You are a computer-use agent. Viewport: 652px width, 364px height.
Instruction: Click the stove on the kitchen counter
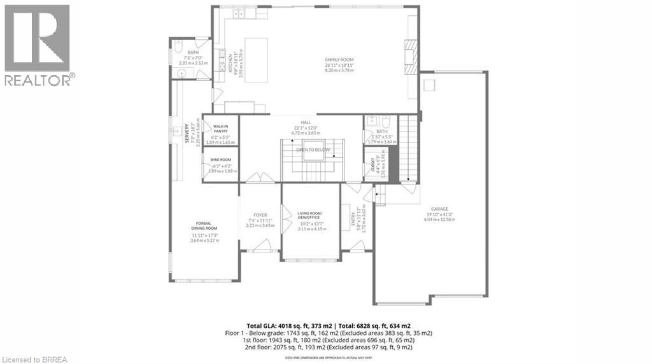coord(222,64)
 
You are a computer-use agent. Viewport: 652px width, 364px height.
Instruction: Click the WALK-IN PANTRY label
coord(221,129)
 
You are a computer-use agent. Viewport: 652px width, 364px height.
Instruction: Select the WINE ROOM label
coord(221,160)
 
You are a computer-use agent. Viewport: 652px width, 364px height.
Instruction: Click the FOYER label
coord(260,215)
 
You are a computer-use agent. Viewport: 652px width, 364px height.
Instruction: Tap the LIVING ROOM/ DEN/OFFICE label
coord(310,215)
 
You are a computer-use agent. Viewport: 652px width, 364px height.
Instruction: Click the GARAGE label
coord(439,209)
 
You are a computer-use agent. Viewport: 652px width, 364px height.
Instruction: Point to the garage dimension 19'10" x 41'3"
coord(439,214)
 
